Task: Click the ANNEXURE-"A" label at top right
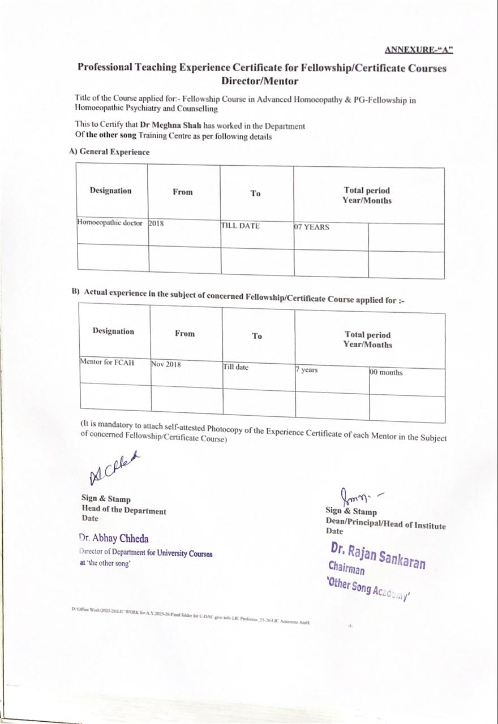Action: pos(419,49)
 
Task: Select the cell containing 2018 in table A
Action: pos(156,223)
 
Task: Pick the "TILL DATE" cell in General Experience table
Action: pos(240,226)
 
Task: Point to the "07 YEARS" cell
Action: pos(311,227)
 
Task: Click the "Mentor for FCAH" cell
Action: pos(108,363)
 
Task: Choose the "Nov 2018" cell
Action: pos(166,365)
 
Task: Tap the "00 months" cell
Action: pos(387,373)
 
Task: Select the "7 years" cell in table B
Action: pos(307,370)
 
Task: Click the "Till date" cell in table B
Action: pos(235,367)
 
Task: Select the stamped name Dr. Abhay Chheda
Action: pos(114,538)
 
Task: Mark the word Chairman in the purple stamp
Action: pos(346,568)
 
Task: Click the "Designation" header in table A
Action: pos(110,191)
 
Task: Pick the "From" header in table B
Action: pos(184,334)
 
